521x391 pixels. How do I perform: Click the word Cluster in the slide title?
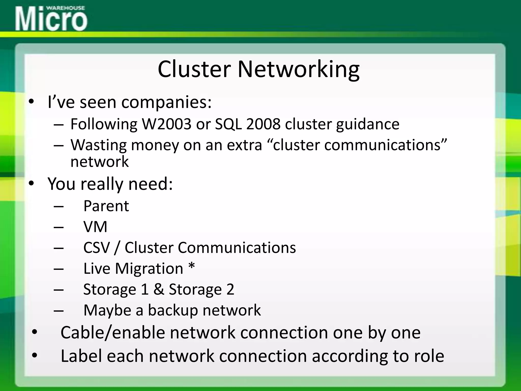(x=194, y=69)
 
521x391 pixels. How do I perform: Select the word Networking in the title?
(x=298, y=69)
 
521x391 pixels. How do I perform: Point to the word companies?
(x=166, y=102)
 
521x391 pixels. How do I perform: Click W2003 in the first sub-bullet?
(x=166, y=124)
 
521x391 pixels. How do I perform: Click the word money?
(x=155, y=145)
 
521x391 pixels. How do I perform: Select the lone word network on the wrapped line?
(x=99, y=162)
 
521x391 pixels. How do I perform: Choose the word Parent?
(x=106, y=206)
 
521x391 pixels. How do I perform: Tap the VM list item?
(x=95, y=227)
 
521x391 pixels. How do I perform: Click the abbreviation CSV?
(x=96, y=247)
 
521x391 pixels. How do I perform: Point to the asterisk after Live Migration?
(x=192, y=267)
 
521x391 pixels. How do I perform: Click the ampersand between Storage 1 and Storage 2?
(x=158, y=289)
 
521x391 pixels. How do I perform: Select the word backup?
(x=173, y=311)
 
